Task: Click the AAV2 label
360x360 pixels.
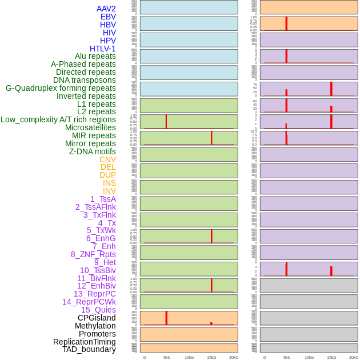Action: pyautogui.click(x=106, y=9)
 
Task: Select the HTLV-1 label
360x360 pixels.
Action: pyautogui.click(x=102, y=49)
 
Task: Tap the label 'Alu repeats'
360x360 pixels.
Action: pyautogui.click(x=95, y=56)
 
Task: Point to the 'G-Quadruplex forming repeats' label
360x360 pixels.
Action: pyautogui.click(x=61, y=88)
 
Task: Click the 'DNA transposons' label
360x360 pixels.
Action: pyautogui.click(x=85, y=80)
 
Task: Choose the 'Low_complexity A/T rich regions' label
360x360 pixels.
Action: pyautogui.click(x=58, y=119)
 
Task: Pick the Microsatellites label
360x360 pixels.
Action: pyautogui.click(x=90, y=127)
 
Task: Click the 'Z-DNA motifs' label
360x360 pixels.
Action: pyautogui.click(x=92, y=151)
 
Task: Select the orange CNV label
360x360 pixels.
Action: pyautogui.click(x=107, y=159)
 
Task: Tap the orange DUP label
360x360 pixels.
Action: pyautogui.click(x=107, y=175)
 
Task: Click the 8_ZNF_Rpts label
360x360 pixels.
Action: pyautogui.click(x=93, y=254)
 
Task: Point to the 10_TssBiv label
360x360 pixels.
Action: pyautogui.click(x=98, y=270)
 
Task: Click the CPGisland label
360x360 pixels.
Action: pyautogui.click(x=97, y=318)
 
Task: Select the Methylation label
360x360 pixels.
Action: pyautogui.click(x=95, y=326)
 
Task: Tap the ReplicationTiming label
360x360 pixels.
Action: pyautogui.click(x=84, y=342)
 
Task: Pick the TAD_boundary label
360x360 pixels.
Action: pyautogui.click(x=89, y=349)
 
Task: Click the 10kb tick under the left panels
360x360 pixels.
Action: pyautogui.click(x=189, y=357)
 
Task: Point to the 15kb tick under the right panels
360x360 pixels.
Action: pyautogui.click(x=331, y=357)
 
